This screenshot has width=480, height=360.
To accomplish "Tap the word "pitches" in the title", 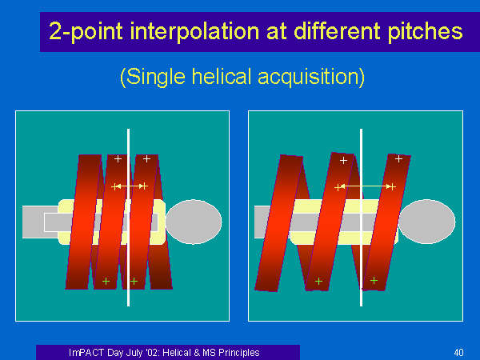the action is point(425,31).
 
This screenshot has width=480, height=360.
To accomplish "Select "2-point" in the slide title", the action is point(86,31).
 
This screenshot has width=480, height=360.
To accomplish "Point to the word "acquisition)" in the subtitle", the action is point(311,77).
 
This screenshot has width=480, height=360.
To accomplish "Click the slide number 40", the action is point(458,352).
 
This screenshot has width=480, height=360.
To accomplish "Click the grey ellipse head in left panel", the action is point(194,222).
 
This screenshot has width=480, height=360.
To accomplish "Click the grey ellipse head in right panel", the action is point(427,222).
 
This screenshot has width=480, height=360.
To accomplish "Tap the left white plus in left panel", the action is point(118,159).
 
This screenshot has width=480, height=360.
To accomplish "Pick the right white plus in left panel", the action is point(146,159).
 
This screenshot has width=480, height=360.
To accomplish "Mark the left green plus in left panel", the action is point(106,281).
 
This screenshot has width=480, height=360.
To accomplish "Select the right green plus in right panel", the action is point(374,281).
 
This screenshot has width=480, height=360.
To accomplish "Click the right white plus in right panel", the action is point(398,159).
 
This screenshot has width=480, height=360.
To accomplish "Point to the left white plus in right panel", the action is point(343,160).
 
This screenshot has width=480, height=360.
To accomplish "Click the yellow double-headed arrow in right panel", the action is point(366,186).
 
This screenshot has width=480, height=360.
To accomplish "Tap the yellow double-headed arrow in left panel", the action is point(130,186).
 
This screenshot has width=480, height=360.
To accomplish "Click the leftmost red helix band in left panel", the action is point(83,222).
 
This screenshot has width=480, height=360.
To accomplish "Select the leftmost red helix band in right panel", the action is point(279,223).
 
